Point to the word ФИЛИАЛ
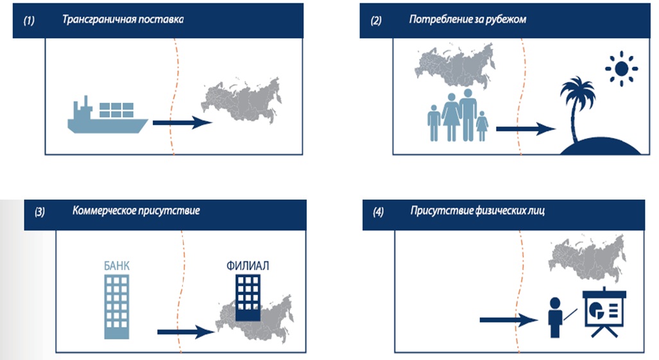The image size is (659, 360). pyautogui.click(x=247, y=264)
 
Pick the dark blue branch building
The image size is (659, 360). pyautogui.click(x=247, y=298)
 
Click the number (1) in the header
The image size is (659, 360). pyautogui.click(x=29, y=20)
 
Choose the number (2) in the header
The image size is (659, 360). pyautogui.click(x=376, y=20)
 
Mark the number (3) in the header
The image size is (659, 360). pyautogui.click(x=40, y=211)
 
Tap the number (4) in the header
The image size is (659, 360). pyautogui.click(x=376, y=211)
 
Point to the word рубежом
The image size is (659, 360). pyautogui.click(x=506, y=19)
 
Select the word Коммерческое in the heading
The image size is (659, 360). pyautogui.click(x=103, y=210)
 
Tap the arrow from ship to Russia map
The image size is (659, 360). pyautogui.click(x=183, y=123)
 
